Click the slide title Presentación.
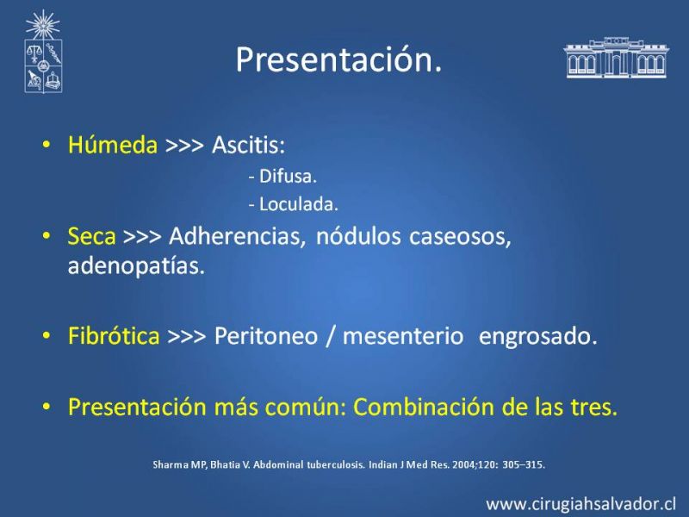click(x=338, y=59)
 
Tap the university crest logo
click(x=43, y=52)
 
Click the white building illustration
click(x=617, y=58)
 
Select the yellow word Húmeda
click(x=113, y=145)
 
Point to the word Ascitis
click(x=248, y=145)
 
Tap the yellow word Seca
click(x=91, y=236)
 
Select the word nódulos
click(x=358, y=236)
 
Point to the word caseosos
click(x=460, y=238)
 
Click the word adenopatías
click(x=136, y=266)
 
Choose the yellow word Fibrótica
click(x=114, y=336)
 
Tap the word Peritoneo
click(x=266, y=336)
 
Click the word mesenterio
click(x=402, y=336)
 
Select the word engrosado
click(x=537, y=337)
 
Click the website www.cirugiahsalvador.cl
click(x=581, y=504)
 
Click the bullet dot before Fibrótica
click(x=47, y=336)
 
